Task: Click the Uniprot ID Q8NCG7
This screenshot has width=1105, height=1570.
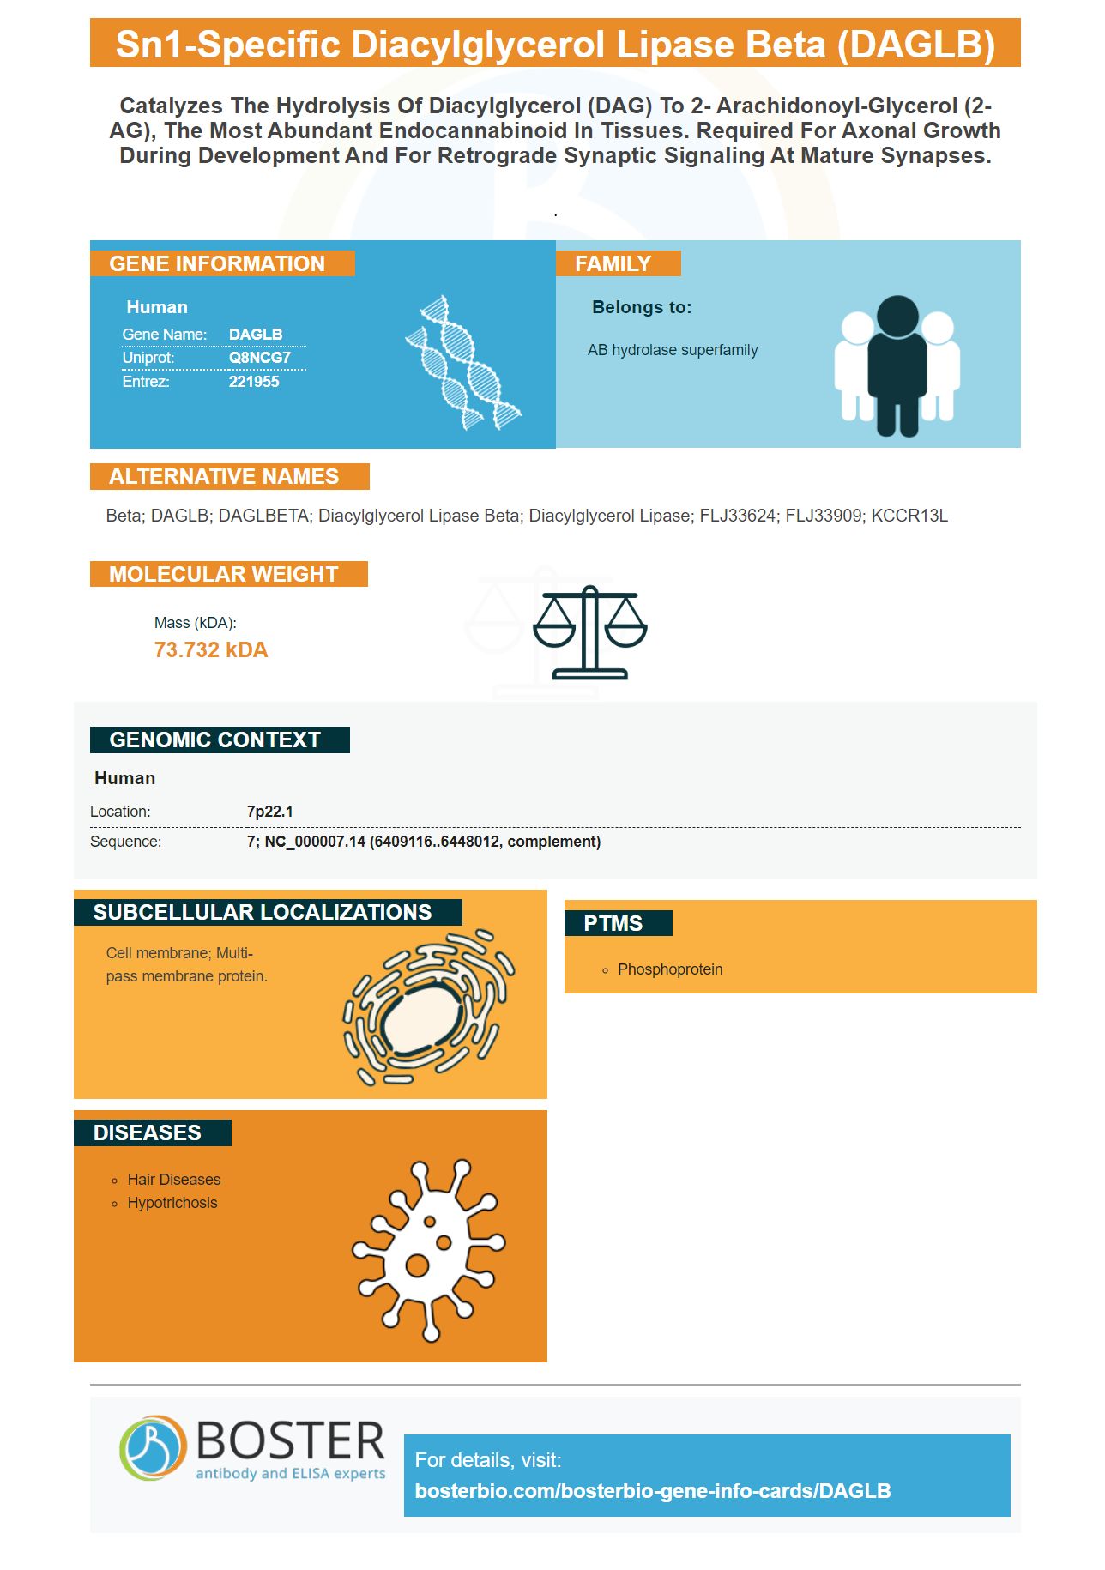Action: click(259, 358)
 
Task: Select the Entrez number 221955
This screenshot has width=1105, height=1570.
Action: click(254, 382)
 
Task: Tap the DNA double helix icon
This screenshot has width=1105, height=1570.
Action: click(463, 363)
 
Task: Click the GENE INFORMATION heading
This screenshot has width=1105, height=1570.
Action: click(217, 263)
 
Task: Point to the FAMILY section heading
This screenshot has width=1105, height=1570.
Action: click(613, 263)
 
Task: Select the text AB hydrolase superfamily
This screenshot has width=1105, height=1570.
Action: click(673, 350)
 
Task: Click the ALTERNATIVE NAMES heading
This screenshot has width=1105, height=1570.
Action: click(224, 476)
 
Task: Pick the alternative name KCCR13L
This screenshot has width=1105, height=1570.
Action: click(909, 516)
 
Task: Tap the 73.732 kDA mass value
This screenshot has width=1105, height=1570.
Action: click(211, 649)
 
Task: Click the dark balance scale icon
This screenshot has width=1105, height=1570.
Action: click(590, 632)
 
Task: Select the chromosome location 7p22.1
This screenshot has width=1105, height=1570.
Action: click(270, 812)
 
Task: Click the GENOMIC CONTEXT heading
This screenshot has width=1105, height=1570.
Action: click(215, 740)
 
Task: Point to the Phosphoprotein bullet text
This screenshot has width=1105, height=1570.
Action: click(670, 969)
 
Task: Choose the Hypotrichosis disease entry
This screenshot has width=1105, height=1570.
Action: click(172, 1203)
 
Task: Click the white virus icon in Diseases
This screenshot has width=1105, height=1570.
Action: click(429, 1250)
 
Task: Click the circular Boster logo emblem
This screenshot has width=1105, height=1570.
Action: click(153, 1448)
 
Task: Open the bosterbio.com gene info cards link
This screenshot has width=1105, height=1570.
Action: click(653, 1491)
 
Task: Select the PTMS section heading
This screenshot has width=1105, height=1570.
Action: click(613, 923)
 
